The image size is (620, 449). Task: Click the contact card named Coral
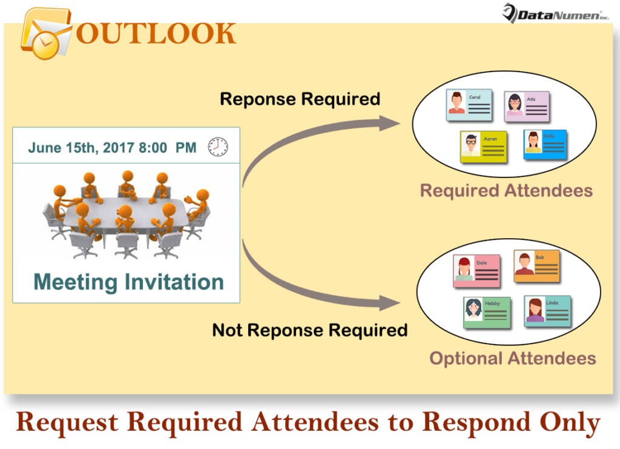point(469,105)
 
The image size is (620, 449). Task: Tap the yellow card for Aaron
point(483,147)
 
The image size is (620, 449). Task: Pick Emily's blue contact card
point(545,145)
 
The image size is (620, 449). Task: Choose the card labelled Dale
point(477,271)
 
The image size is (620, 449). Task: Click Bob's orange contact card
point(536,266)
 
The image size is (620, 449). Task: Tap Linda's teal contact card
point(547,311)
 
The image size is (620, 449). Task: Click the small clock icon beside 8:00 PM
point(218,147)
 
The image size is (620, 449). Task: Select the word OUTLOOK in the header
point(156,33)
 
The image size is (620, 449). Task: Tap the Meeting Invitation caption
point(128,281)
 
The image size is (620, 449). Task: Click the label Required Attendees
point(506,191)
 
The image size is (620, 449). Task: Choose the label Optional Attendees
point(512,358)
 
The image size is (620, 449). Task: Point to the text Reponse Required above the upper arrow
point(300,99)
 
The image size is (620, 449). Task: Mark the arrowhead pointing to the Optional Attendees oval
point(390,301)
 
